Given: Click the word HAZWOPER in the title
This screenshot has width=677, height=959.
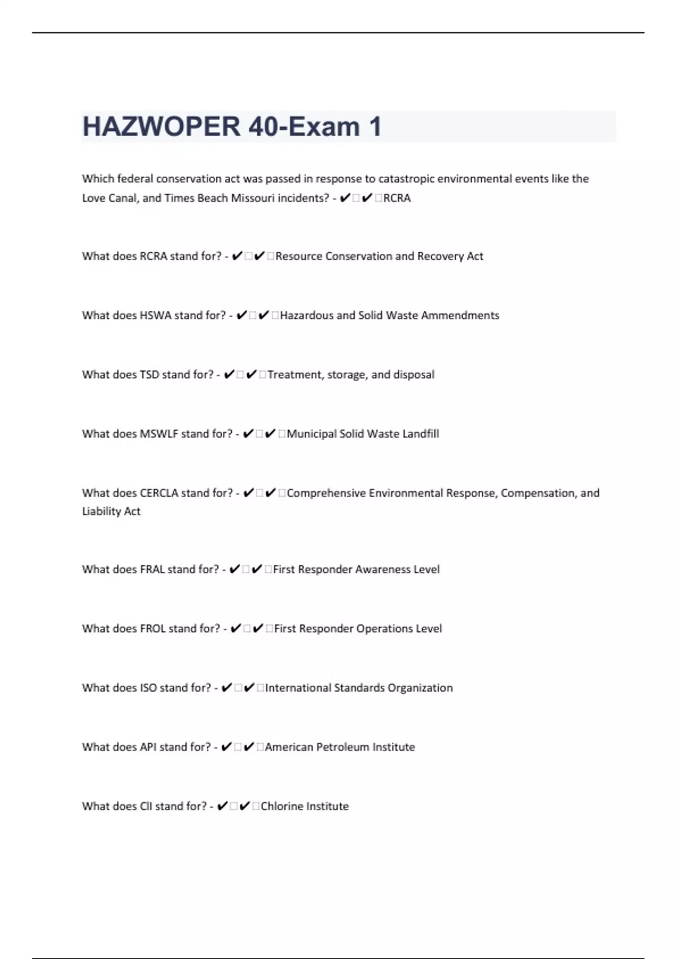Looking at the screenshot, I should tap(161, 126).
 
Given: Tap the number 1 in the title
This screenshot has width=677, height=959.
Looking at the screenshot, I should tap(375, 126).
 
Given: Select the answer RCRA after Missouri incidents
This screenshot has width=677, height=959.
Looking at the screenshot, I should tap(397, 198).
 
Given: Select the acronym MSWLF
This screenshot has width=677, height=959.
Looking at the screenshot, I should tap(159, 434).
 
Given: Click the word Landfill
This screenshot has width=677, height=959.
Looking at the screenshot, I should tap(420, 434).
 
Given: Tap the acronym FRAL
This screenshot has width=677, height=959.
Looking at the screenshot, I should tap(152, 569).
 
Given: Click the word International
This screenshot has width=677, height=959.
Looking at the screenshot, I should tap(298, 688).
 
